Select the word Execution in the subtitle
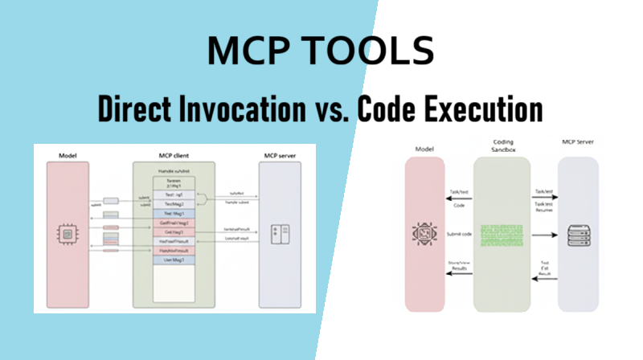(x=473, y=108)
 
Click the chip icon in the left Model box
(x=68, y=233)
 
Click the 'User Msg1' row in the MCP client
(x=174, y=261)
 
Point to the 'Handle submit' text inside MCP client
(x=174, y=170)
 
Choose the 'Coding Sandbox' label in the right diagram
(x=501, y=146)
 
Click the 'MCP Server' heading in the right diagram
(x=577, y=149)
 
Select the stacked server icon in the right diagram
(x=577, y=234)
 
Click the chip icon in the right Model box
(x=424, y=234)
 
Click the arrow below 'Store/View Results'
(x=459, y=276)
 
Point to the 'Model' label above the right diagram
(x=424, y=149)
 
